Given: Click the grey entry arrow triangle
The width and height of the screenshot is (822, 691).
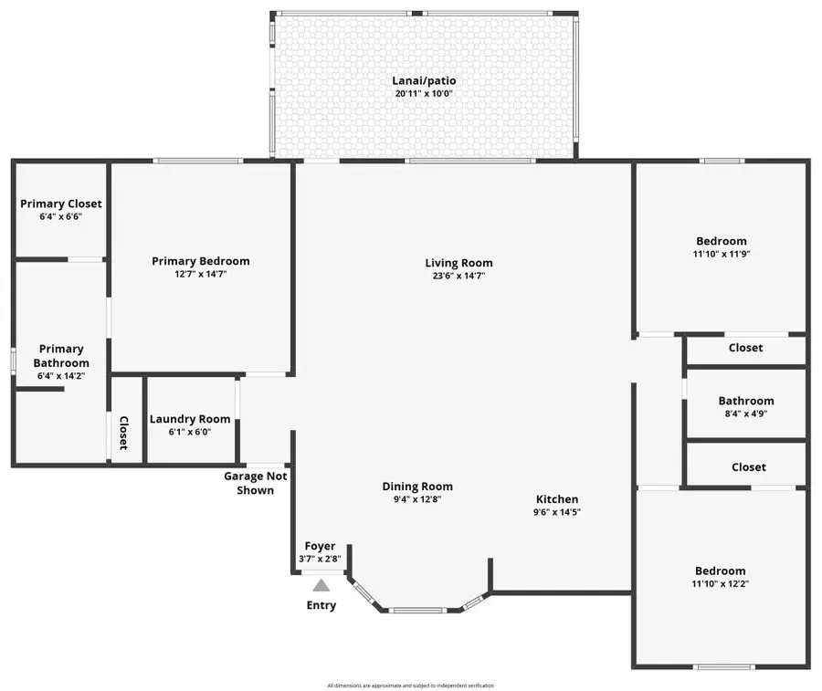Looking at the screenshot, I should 321,586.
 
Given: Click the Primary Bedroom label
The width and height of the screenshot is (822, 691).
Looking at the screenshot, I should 200,261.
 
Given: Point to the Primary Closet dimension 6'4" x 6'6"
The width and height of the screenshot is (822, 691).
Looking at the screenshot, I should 61,217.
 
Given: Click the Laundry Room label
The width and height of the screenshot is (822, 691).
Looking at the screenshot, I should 190,419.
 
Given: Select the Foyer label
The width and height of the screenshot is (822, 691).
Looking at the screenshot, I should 320,546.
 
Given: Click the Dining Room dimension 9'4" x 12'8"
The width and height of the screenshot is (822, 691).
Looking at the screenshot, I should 416,499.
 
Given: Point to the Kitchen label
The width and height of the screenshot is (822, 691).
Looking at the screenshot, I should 556,499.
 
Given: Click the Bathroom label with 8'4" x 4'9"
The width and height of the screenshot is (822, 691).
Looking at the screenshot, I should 745,401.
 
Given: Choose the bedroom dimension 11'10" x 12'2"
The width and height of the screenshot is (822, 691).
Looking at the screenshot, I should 720,583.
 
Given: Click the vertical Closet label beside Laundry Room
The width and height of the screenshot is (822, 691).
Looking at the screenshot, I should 123,433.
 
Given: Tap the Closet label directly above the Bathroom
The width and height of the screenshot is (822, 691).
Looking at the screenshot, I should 745,348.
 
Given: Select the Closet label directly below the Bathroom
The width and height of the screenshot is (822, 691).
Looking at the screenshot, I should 748,466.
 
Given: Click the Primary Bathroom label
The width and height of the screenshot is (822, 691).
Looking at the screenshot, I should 61,355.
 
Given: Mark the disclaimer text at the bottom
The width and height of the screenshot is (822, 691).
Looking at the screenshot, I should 410,685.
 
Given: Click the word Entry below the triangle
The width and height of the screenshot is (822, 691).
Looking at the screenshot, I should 321,605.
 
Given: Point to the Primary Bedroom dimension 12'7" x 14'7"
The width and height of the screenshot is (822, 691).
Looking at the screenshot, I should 200,274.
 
